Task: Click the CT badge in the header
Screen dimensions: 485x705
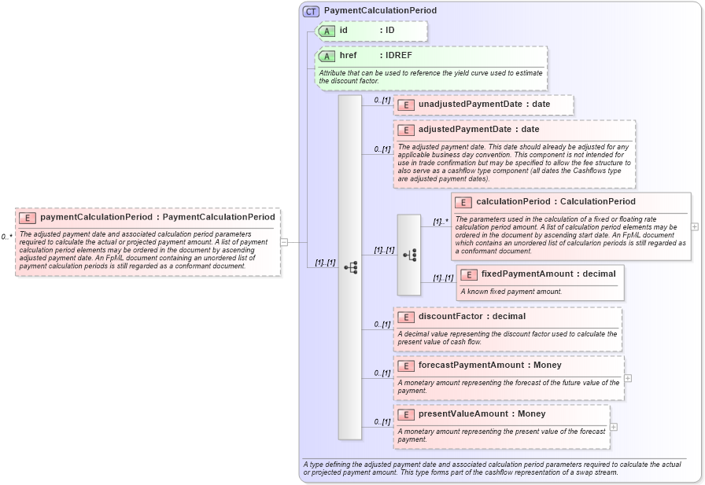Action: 312,11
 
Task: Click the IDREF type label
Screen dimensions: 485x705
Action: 397,56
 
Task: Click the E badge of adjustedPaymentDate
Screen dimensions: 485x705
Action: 406,130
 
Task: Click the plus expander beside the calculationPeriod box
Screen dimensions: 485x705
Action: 695,226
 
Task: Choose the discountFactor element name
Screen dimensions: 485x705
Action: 449,317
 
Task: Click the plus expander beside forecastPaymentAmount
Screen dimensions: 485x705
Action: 628,378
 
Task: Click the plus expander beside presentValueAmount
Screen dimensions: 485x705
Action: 614,427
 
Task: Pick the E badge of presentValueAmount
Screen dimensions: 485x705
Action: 406,414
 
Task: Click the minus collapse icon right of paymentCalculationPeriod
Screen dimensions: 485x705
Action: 284,242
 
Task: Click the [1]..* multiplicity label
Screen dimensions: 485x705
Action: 441,222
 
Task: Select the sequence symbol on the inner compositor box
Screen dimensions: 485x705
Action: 409,255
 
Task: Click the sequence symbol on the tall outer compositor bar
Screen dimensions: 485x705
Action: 350,268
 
